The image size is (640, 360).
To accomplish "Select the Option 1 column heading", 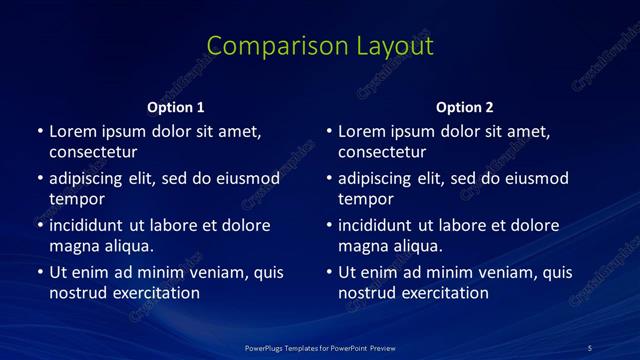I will (x=176, y=107).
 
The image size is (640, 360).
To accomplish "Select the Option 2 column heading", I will (x=465, y=107).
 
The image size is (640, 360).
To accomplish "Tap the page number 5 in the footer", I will (x=589, y=348).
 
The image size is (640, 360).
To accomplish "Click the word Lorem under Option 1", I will (x=74, y=131).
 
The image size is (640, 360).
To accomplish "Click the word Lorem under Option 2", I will (x=363, y=131).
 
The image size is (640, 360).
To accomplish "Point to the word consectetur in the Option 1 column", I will (x=93, y=152).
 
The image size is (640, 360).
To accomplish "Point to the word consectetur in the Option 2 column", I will (x=382, y=152).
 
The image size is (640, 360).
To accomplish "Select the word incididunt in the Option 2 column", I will (x=375, y=225).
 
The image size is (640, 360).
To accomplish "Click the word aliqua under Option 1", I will (x=127, y=246).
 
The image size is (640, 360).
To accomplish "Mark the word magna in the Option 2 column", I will (x=363, y=246).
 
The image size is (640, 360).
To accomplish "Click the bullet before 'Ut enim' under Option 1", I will (x=39, y=272).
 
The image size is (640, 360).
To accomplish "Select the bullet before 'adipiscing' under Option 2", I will (x=328, y=178).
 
